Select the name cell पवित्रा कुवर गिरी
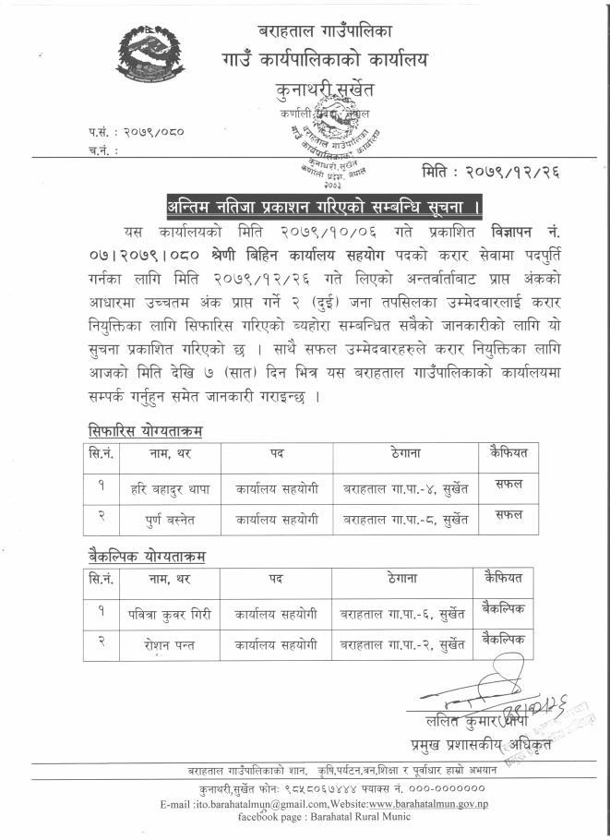171,611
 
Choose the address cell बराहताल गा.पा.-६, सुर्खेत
402,611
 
